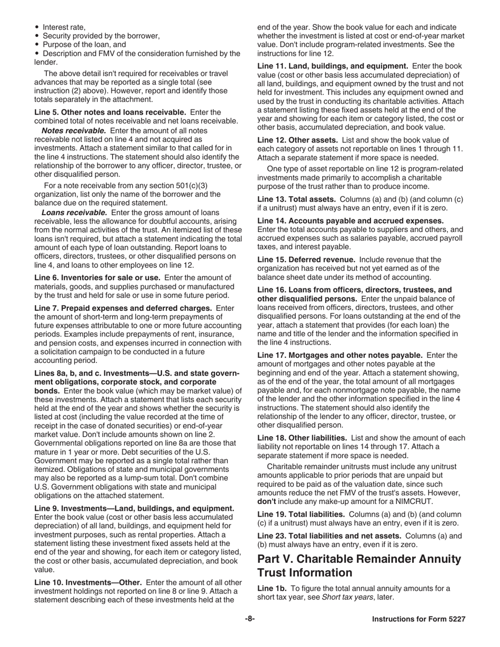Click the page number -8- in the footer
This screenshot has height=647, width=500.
249,619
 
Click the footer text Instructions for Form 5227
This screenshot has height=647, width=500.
418,619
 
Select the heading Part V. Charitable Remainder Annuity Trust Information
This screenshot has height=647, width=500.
359,565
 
